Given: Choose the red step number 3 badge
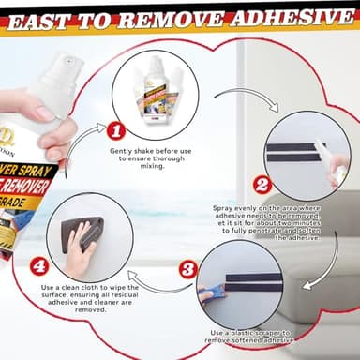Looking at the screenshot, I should pos(187,269).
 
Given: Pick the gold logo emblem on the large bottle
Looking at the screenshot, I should pos(9,141).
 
